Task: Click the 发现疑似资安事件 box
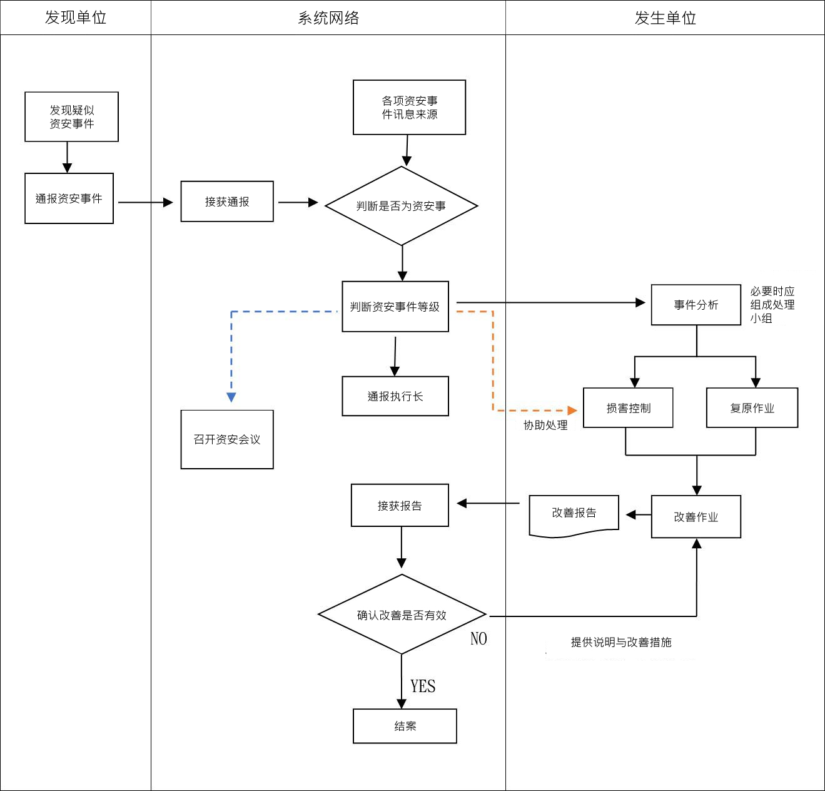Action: click(x=71, y=117)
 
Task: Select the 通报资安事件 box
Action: click(x=69, y=198)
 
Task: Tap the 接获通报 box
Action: click(x=227, y=202)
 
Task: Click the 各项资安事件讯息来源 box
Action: click(x=409, y=107)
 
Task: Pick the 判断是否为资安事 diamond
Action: click(x=402, y=206)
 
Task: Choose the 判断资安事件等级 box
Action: click(x=395, y=307)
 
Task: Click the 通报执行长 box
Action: click(x=395, y=396)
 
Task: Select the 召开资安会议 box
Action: click(x=227, y=439)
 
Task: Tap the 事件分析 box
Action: click(x=696, y=305)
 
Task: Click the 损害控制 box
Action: click(x=628, y=408)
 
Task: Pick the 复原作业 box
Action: click(x=752, y=408)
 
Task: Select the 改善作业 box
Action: click(x=696, y=517)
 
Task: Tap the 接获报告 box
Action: click(x=400, y=505)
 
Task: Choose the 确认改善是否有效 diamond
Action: click(x=402, y=615)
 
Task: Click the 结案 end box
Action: click(x=405, y=726)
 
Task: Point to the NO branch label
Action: click(x=478, y=639)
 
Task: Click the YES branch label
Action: click(x=423, y=686)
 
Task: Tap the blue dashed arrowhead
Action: click(x=231, y=397)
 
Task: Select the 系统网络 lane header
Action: click(x=328, y=18)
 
